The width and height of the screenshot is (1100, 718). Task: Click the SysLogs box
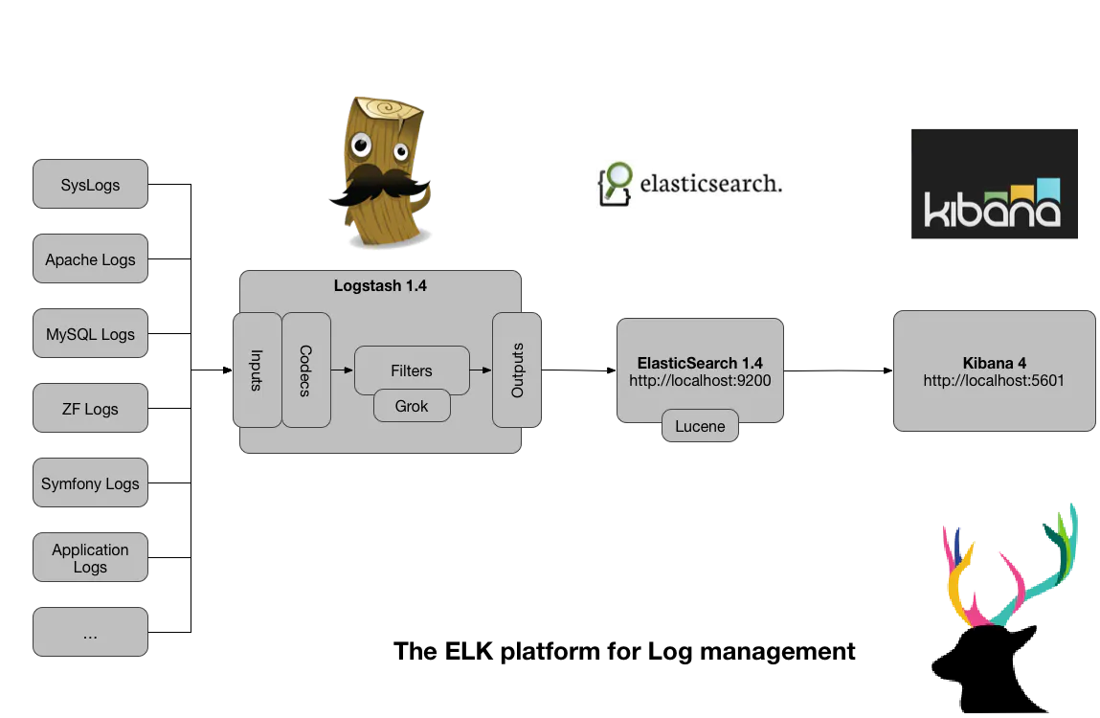90,185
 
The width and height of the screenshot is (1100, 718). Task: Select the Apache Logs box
90,259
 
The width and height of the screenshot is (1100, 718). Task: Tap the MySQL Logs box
90,334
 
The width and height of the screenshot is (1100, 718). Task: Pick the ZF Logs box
90,409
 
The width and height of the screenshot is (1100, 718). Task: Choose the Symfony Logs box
90,483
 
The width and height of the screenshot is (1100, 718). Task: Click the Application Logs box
90,558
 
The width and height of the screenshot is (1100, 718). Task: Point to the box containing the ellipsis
90,634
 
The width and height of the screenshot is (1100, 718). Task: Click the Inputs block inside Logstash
257,370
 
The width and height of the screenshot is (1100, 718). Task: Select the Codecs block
306,370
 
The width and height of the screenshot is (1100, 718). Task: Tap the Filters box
412,370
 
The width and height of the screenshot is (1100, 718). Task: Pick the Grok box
412,406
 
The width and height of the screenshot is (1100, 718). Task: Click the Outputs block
517,370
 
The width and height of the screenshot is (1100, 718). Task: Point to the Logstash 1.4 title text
380,285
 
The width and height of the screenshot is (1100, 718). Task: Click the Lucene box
700,426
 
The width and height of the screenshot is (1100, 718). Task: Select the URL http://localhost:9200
700,380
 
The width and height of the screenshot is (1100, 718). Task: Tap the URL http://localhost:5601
994,380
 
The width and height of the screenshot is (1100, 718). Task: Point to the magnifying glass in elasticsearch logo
618,176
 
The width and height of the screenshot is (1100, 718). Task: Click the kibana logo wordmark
992,209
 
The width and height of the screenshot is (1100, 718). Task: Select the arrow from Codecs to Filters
342,370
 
